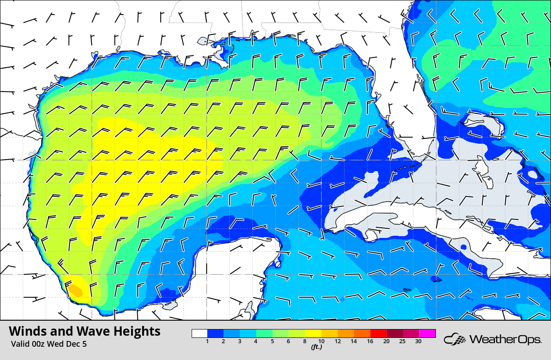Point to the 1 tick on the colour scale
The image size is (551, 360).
tap(208, 341)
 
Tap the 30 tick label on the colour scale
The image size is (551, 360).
tap(419, 341)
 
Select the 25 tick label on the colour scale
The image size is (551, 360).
tap(403, 341)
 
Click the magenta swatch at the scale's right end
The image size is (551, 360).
tap(428, 333)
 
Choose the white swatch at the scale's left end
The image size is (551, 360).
tap(200, 333)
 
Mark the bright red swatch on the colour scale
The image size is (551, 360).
tap(379, 333)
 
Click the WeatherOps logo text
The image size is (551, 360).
tap(505, 339)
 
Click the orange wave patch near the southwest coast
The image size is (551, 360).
tap(75, 290)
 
